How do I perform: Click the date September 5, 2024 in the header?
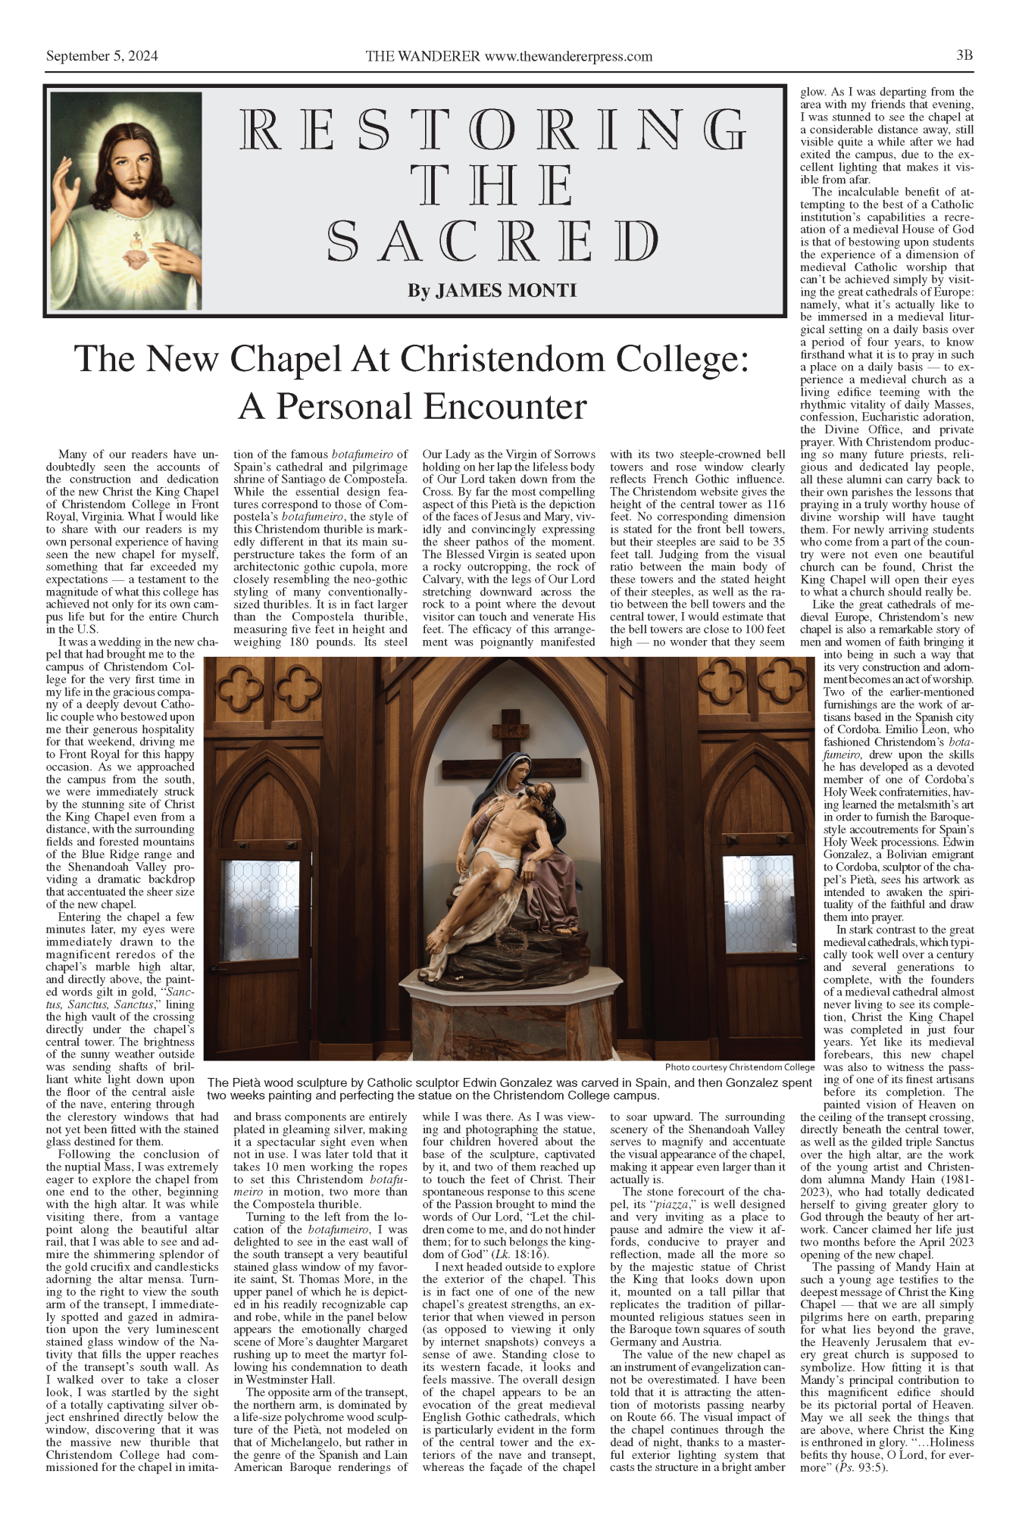coord(102,56)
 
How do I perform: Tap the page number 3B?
coord(964,55)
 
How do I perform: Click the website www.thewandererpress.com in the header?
coord(568,56)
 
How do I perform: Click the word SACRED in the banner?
coord(493,242)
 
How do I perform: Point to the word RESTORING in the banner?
coord(493,129)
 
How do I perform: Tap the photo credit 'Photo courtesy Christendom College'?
coord(739,1067)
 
